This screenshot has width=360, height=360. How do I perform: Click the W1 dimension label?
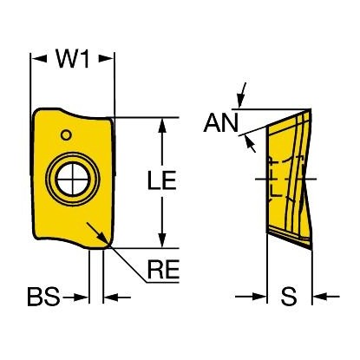(x=73, y=59)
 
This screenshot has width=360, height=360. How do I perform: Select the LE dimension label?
(x=161, y=180)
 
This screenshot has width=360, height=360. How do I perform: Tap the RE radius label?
(x=163, y=269)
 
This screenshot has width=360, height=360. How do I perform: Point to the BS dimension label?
(x=43, y=297)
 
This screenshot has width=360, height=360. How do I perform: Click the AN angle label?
(x=221, y=123)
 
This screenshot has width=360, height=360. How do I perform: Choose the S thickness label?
(x=289, y=297)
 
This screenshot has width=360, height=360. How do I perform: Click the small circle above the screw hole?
(x=66, y=134)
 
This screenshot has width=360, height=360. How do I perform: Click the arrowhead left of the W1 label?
(x=39, y=59)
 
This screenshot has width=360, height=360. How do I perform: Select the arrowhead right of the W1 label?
(x=106, y=59)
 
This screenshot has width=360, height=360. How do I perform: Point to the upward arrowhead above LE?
(x=162, y=126)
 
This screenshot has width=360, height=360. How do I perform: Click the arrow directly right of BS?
(x=75, y=297)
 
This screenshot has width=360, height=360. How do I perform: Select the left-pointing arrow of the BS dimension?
(x=117, y=297)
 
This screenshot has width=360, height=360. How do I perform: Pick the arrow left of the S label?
(x=251, y=297)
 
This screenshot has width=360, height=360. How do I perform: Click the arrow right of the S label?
(x=326, y=297)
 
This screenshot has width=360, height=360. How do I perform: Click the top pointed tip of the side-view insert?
(x=311, y=109)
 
